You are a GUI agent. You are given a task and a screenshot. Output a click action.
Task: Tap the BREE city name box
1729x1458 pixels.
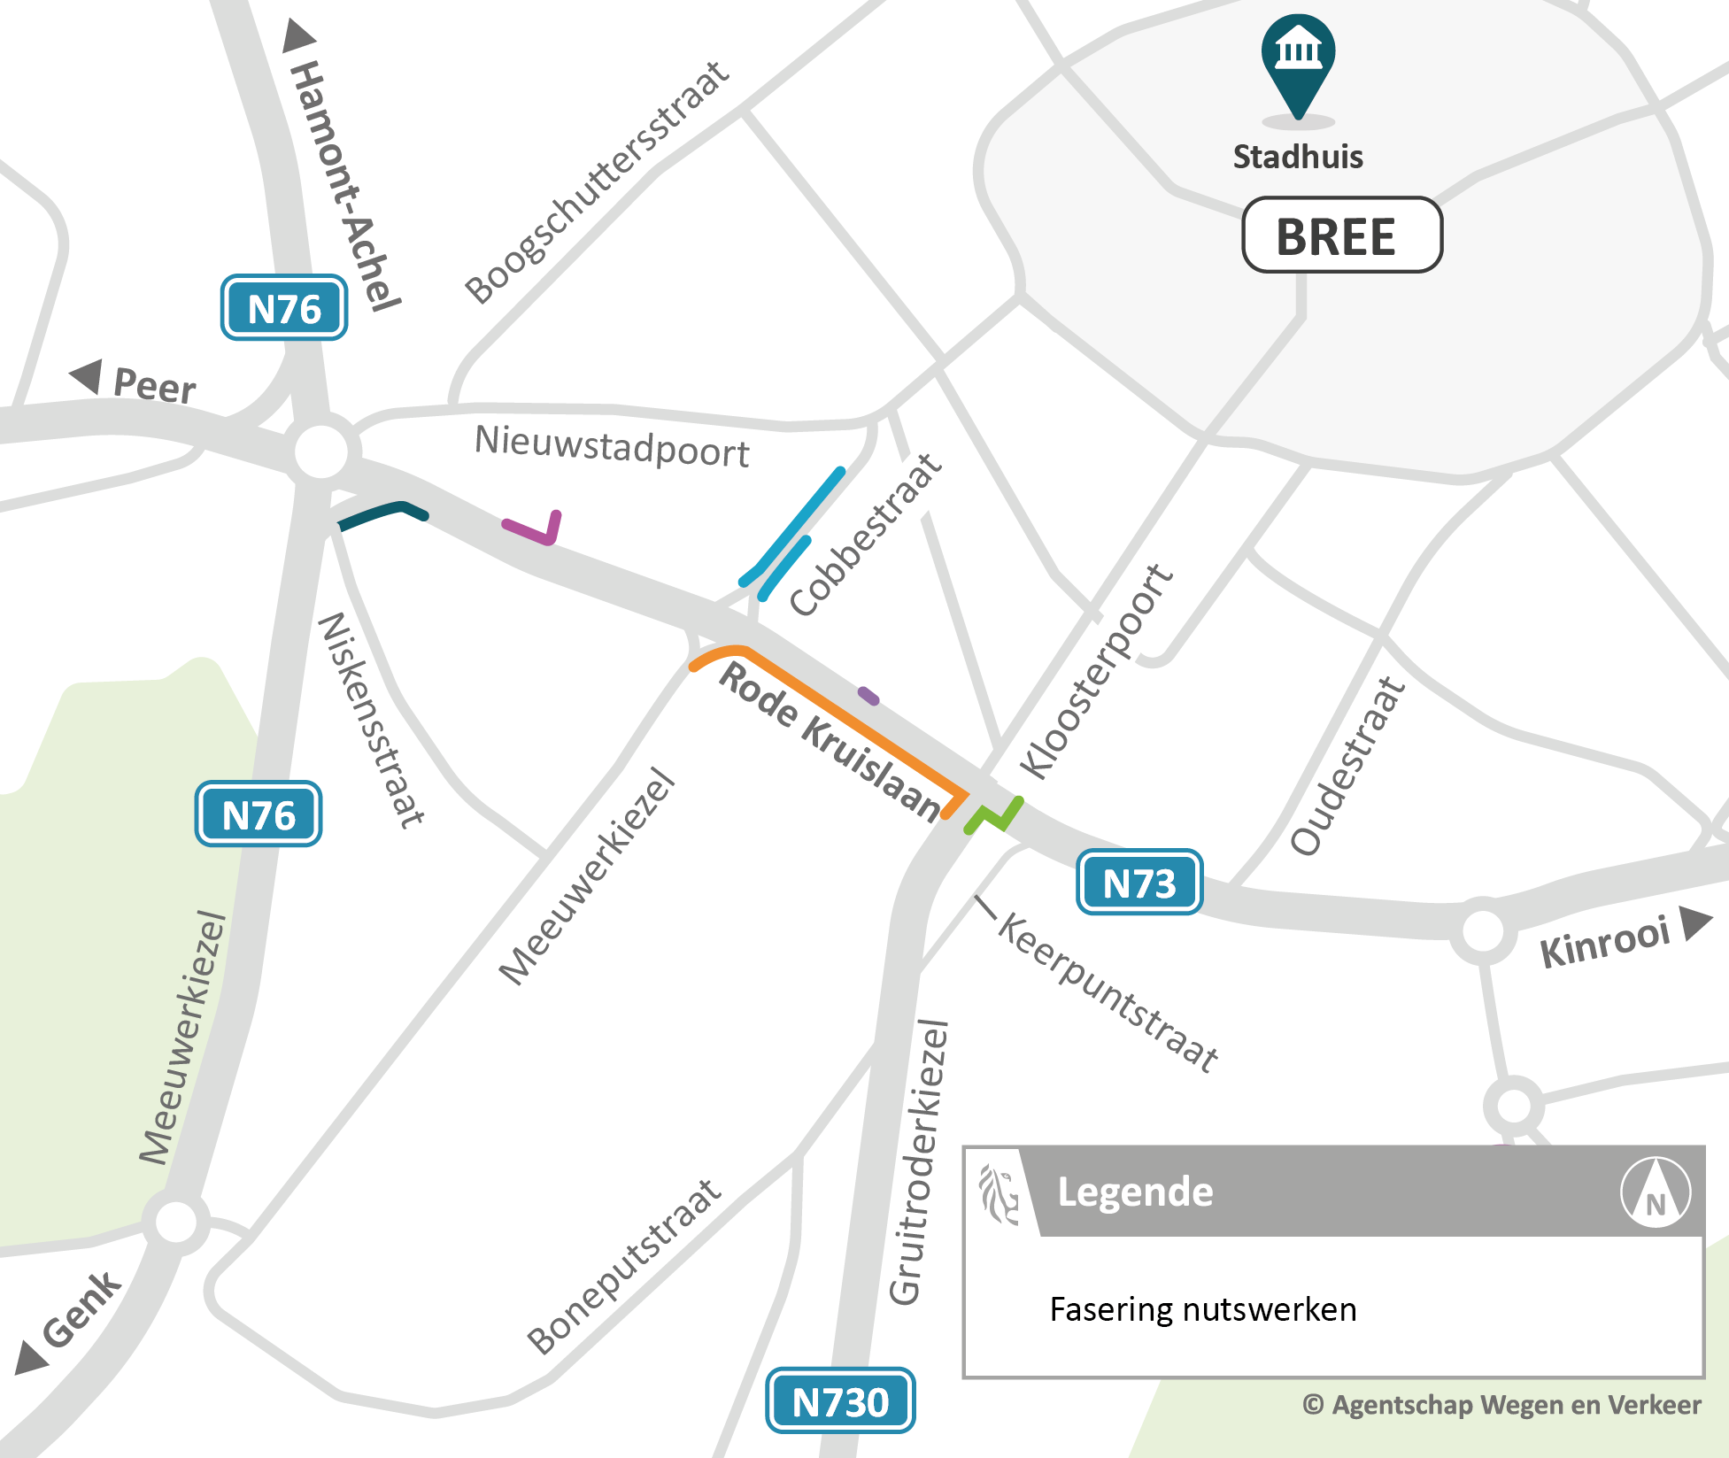1342,235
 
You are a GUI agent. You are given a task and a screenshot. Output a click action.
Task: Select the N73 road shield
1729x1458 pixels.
1139,883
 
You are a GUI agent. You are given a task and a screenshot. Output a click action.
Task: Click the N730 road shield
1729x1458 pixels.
840,1401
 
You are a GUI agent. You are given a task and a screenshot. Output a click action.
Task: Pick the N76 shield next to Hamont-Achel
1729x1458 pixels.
284,309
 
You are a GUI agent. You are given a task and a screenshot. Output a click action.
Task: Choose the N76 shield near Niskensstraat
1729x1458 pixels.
259,814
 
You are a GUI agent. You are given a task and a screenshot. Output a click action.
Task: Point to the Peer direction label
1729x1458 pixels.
154,386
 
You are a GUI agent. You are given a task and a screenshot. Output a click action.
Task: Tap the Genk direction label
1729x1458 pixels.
81,1310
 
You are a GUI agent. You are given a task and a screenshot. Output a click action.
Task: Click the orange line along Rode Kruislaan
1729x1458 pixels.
841,717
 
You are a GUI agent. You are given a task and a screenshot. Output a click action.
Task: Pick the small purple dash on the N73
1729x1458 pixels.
868,696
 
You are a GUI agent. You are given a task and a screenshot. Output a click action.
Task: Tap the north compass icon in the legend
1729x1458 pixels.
1655,1192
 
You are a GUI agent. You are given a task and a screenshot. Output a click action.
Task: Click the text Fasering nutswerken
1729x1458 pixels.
1202,1309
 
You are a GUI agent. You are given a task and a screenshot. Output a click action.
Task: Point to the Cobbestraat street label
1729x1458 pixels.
866,536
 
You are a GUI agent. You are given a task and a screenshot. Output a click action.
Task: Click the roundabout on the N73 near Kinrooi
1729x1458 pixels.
1483,930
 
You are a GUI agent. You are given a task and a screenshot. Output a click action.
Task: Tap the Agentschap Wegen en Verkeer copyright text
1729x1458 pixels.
1501,1405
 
